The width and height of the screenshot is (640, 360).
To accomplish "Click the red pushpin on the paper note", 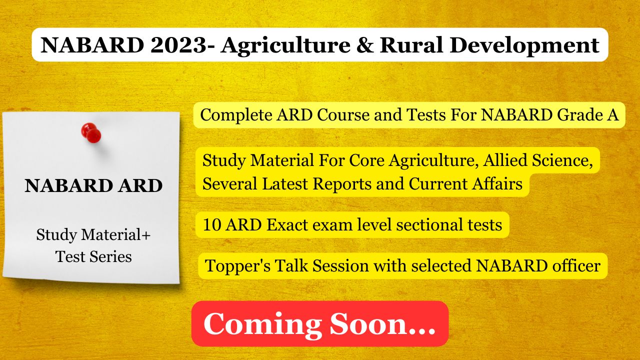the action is pyautogui.click(x=91, y=133).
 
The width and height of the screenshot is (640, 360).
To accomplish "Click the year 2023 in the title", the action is pyautogui.click(x=178, y=45).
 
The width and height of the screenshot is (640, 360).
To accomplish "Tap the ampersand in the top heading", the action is pyautogui.click(x=365, y=45).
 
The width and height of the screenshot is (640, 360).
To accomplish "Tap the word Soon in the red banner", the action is pyautogui.click(x=368, y=323).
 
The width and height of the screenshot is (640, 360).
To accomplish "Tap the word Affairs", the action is pyautogui.click(x=497, y=183).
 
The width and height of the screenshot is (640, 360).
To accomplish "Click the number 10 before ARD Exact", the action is pyautogui.click(x=212, y=225).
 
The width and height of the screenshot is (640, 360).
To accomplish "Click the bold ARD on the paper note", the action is pyautogui.click(x=140, y=185).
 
